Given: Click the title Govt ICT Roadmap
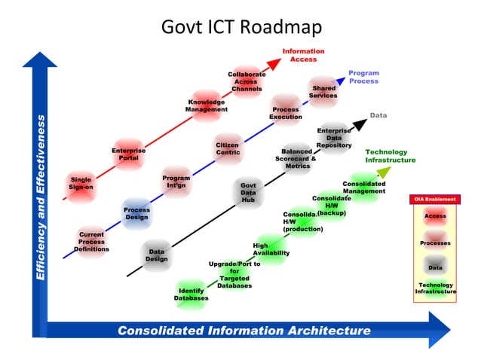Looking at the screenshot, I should pyautogui.click(x=240, y=27).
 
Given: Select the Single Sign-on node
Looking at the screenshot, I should pyautogui.click(x=81, y=183).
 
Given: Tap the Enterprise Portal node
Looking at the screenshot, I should pyautogui.click(x=129, y=154).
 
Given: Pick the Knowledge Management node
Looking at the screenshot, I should pyautogui.click(x=206, y=105).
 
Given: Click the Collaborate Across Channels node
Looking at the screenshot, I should pyautogui.click(x=247, y=81).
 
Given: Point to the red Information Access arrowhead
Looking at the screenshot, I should pyautogui.click(x=274, y=62).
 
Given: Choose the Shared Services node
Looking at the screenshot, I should pyautogui.click(x=323, y=92).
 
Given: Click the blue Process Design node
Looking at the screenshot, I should pyautogui.click(x=136, y=213).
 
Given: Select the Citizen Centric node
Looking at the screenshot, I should pyautogui.click(x=228, y=148).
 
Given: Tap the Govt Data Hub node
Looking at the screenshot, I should pyautogui.click(x=248, y=192).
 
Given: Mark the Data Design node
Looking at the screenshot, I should pyautogui.click(x=157, y=255).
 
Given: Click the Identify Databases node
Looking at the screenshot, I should pyautogui.click(x=191, y=294).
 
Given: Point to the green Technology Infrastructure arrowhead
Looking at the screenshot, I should pyautogui.click(x=384, y=172).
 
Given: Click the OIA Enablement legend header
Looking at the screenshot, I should pyautogui.click(x=435, y=199).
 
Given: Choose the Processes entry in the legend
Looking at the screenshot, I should pyautogui.click(x=435, y=243).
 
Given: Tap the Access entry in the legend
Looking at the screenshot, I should pyautogui.click(x=435, y=217).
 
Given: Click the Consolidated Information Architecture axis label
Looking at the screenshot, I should pyautogui.click(x=244, y=331).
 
